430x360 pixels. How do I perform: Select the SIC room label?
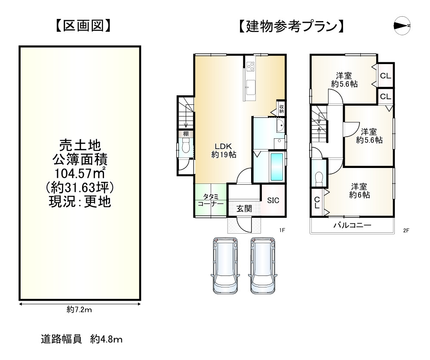point(273,200)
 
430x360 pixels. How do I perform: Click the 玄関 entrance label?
point(244,209)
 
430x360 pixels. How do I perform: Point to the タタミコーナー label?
point(210,201)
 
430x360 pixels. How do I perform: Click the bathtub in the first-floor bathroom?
point(277,167)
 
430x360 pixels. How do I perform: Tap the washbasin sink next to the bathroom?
point(280,127)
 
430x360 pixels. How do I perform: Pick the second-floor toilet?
point(319,177)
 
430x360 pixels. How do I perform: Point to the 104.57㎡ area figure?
point(80,174)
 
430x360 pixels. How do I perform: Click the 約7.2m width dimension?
point(79,310)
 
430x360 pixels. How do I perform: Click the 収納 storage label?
point(281,108)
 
